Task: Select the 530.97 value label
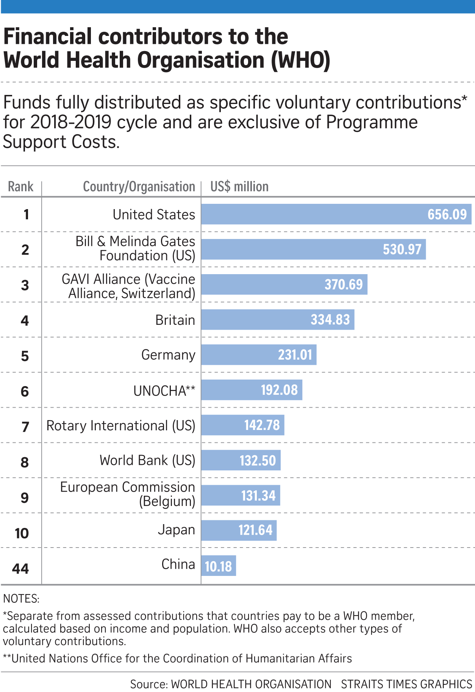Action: [402, 250]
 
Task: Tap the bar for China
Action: [218, 566]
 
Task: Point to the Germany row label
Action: [168, 355]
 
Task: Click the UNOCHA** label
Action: [164, 391]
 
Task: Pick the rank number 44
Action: [20, 569]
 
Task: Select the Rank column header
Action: [20, 187]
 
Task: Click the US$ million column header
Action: [239, 187]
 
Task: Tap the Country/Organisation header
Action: [139, 187]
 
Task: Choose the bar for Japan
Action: [239, 530]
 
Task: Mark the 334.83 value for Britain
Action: [330, 320]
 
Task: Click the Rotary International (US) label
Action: [120, 426]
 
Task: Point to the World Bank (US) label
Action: [147, 461]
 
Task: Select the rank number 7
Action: [25, 427]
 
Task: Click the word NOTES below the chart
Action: [21, 599]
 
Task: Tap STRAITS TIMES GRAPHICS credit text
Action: [406, 684]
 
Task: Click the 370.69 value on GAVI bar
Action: [344, 284]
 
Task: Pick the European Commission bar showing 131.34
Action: [241, 495]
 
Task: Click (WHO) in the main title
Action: [300, 61]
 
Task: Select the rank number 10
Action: [22, 534]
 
